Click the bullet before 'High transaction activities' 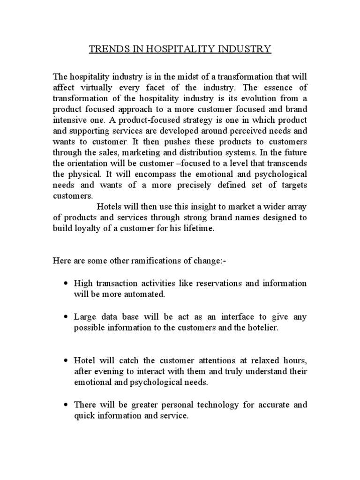(66, 284)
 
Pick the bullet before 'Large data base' (66, 317)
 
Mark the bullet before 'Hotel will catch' (66, 360)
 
